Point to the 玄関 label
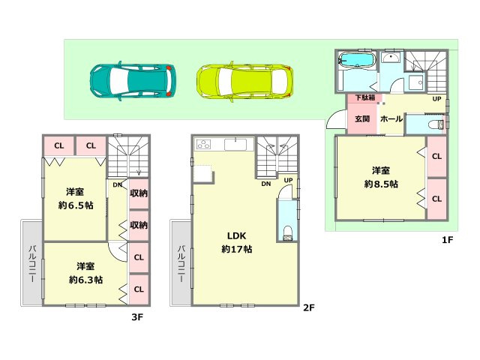[x=362, y=118]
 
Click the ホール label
[x=391, y=118]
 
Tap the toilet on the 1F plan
[x=435, y=124]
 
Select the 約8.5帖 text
[x=382, y=183]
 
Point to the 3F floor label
[x=137, y=317]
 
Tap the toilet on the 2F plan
[x=288, y=232]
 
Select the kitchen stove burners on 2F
[x=204, y=145]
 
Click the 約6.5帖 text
[x=73, y=205]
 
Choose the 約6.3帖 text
[x=85, y=280]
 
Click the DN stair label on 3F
[x=118, y=184]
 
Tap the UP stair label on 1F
[x=436, y=98]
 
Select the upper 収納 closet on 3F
[x=139, y=193]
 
